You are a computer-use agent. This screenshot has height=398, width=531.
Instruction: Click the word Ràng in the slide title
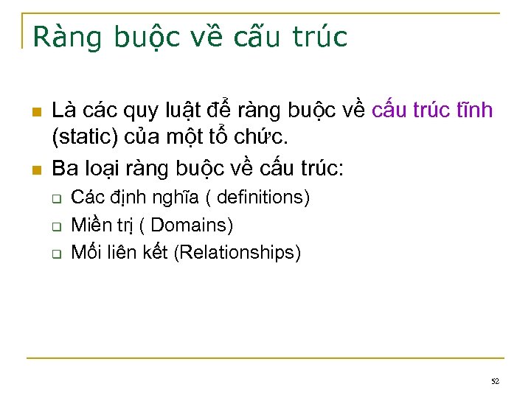point(67,36)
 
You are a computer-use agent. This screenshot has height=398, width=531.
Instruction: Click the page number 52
point(495,381)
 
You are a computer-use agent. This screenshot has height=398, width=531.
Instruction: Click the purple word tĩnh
point(473,111)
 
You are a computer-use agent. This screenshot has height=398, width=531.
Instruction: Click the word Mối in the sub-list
point(86,253)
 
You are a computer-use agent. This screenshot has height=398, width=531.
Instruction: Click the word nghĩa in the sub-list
point(153,198)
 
